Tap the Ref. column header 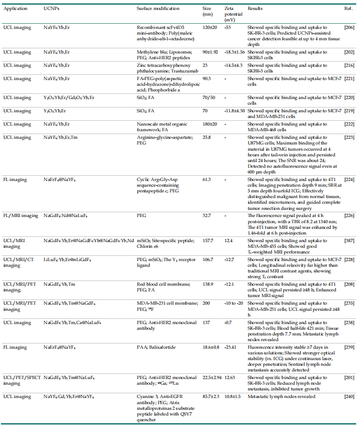click(347, 9)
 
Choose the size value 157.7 click(208, 241)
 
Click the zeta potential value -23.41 click(231, 347)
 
